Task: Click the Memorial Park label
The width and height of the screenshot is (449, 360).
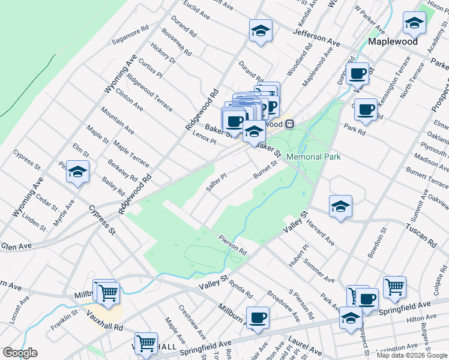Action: (x=313, y=157)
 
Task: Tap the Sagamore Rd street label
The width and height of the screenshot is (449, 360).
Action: (x=130, y=36)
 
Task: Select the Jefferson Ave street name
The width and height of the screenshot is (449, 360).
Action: (x=317, y=37)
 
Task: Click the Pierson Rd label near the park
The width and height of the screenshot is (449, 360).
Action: (x=233, y=245)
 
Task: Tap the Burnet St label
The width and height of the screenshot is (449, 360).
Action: (x=267, y=169)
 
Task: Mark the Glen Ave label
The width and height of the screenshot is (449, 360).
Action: (x=16, y=246)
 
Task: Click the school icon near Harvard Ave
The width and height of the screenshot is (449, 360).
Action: (x=340, y=206)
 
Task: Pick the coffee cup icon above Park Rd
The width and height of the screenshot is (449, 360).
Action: (x=366, y=109)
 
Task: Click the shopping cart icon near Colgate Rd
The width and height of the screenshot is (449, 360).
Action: (x=394, y=287)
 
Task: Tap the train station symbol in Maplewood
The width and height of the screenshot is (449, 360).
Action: (x=289, y=124)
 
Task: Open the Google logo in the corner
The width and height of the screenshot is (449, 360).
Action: (x=19, y=353)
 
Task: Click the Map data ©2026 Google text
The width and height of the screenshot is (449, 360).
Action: (x=411, y=355)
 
